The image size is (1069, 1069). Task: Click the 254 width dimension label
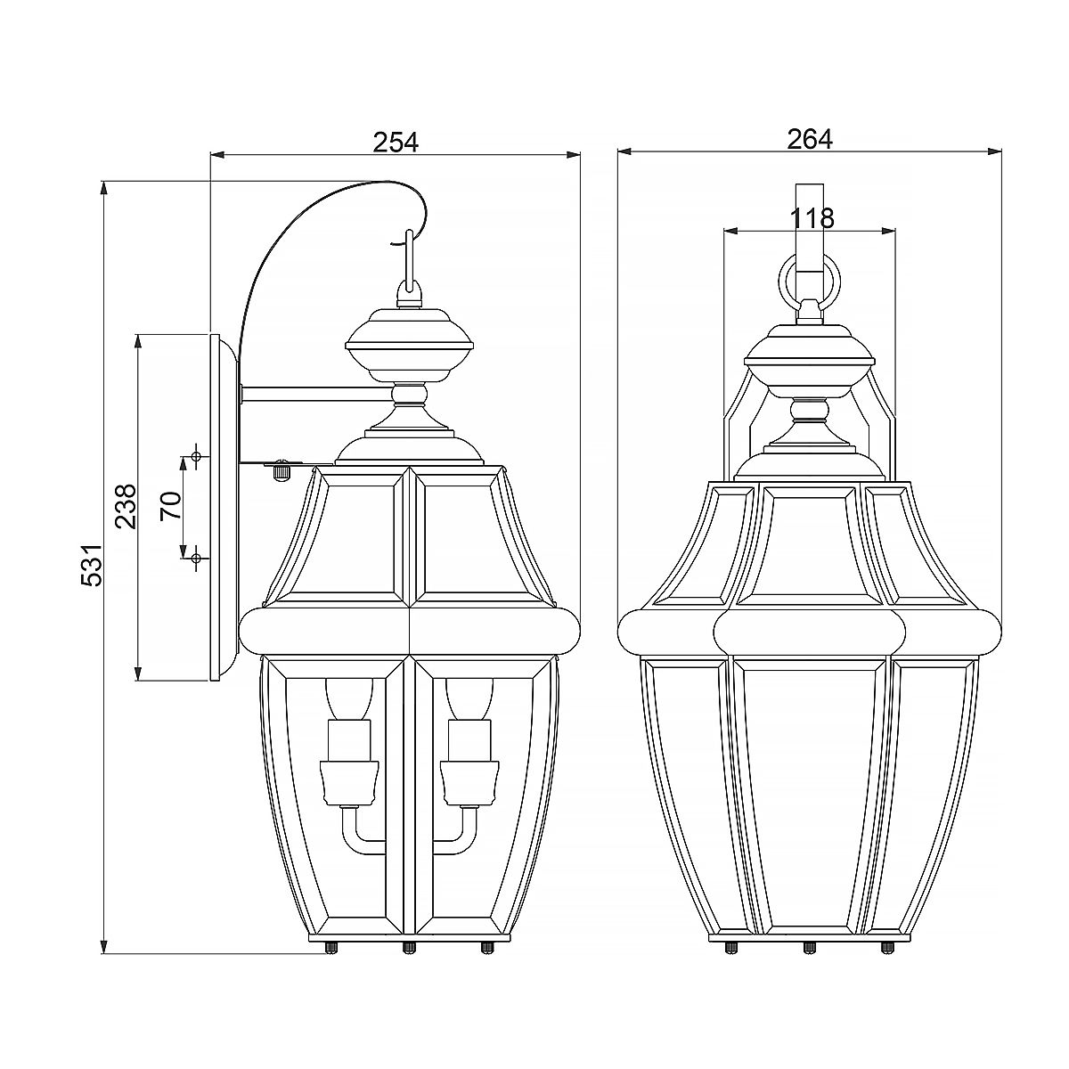396,141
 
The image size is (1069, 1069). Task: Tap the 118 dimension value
811,217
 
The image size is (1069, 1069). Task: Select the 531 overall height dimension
91,565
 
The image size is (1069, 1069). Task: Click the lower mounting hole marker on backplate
196,558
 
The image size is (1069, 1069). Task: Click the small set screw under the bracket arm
282,469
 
